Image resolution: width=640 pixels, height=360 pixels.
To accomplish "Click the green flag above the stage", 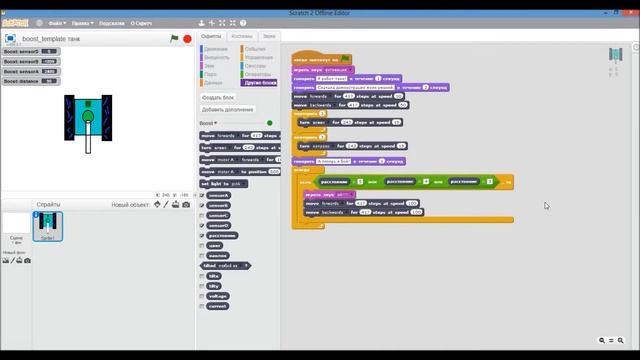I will pyautogui.click(x=174, y=38).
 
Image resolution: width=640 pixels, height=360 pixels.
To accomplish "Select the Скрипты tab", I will pyautogui.click(x=211, y=36).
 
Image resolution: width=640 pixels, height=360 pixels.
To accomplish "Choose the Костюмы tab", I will pyautogui.click(x=241, y=36).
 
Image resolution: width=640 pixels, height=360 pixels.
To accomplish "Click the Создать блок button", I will pyautogui.click(x=218, y=97).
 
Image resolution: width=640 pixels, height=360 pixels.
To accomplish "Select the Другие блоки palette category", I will pyautogui.click(x=261, y=83).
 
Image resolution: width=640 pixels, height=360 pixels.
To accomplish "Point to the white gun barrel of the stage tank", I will pyautogui.click(x=89, y=140).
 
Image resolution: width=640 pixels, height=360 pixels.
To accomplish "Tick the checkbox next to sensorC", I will pyautogui.click(x=203, y=215).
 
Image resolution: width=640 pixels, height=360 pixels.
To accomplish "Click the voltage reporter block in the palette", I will pyautogui.click(x=218, y=296).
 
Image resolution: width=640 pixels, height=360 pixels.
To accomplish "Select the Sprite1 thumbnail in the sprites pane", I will pyautogui.click(x=47, y=227).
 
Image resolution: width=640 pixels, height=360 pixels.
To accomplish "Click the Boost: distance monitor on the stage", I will pyautogui.click(x=31, y=81).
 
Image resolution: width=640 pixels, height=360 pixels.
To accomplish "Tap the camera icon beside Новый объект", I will pyautogui.click(x=186, y=204).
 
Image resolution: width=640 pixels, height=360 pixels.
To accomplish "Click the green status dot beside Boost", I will pyautogui.click(x=269, y=123).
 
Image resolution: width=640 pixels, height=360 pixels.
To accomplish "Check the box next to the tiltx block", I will pyautogui.click(x=203, y=275).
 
